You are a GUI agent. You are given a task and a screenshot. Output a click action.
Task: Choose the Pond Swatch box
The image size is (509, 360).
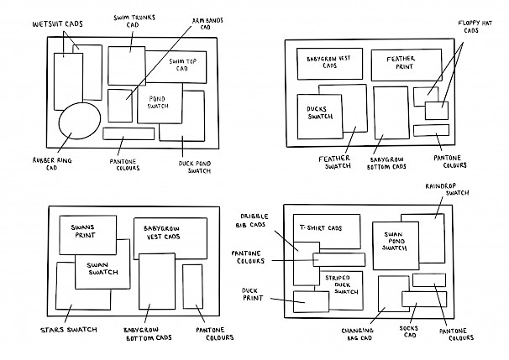pyautogui.click(x=160, y=102)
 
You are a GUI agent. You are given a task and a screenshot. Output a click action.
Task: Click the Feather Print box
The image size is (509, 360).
pyautogui.click(x=400, y=64)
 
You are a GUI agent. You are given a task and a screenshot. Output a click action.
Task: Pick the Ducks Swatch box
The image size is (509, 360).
pyautogui.click(x=318, y=114)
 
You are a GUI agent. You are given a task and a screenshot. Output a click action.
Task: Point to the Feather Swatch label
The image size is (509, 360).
pyautogui.click(x=334, y=162)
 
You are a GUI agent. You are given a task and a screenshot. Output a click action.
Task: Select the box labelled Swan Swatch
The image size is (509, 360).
pyautogui.click(x=102, y=268)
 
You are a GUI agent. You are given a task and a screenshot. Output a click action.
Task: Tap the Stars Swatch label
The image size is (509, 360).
pyautogui.click(x=69, y=330)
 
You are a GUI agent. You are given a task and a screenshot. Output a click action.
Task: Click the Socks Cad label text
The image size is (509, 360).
pyautogui.click(x=410, y=332)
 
